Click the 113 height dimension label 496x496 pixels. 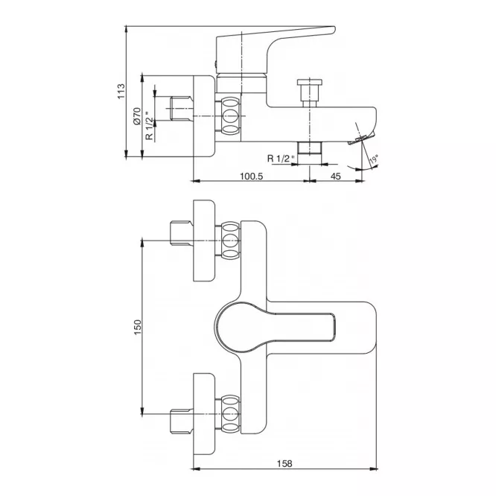121,91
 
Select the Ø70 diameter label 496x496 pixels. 137,116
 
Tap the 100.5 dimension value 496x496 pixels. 252,176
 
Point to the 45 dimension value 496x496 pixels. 336,176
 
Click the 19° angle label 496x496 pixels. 374,159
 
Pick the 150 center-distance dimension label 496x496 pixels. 138,327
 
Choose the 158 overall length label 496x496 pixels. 284,463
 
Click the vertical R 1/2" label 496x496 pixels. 149,126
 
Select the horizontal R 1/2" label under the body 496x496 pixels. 281,158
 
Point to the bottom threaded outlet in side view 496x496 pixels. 310,148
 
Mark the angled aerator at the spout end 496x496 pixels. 360,139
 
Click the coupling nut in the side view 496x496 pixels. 230,115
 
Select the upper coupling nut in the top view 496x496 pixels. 230,241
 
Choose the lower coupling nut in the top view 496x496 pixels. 230,413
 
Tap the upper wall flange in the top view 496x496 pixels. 204,241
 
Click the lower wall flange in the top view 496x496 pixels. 204,414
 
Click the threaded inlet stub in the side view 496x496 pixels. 182,109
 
